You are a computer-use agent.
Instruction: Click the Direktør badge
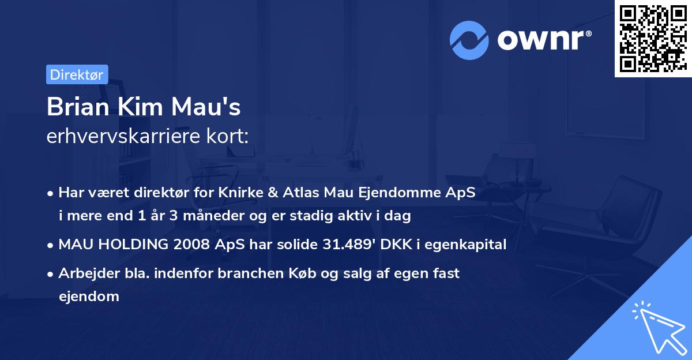coord(77,74)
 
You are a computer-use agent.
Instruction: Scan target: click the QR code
coord(652,38)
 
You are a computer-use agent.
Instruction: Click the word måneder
coord(183,216)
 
